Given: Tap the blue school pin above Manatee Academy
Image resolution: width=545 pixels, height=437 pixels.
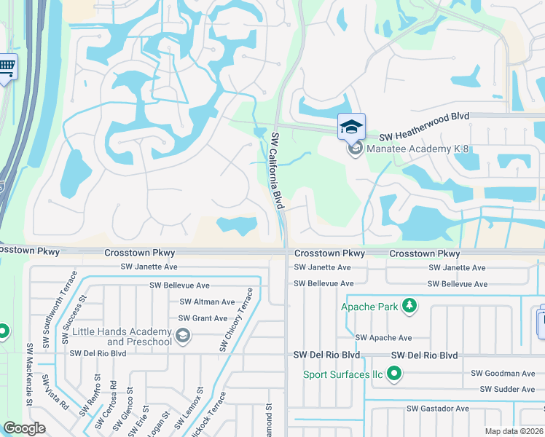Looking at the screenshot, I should tap(352, 127).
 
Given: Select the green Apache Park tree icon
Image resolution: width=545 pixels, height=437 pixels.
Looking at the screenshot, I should tap(409, 306).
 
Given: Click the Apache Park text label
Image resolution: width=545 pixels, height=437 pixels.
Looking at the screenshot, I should tap(369, 307).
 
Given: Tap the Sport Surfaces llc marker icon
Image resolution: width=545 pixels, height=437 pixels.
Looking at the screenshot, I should tap(394, 374).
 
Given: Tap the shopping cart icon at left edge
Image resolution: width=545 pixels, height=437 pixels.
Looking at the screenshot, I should tap(7, 68).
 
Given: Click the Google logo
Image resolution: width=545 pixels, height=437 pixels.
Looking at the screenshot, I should tap(24, 428).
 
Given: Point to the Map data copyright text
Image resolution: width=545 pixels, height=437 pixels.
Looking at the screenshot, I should tap(513, 431).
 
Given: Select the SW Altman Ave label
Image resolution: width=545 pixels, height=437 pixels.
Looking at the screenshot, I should tap(207, 302).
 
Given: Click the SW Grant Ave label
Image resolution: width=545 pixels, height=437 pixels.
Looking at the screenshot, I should tap(203, 318).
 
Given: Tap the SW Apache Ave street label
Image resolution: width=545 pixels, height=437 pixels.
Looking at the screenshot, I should tap(383, 338).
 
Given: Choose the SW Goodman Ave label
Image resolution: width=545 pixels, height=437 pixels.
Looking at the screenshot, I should tap(503, 373).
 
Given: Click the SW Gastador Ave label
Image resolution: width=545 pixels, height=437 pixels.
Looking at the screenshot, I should tap(437, 409).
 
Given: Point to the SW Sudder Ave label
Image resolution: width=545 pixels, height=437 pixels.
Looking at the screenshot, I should tap(507, 390).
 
